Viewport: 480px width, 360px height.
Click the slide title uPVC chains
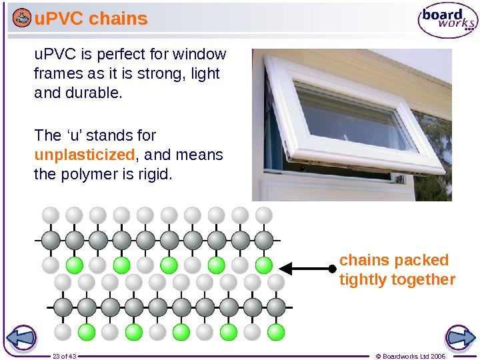pos(91,19)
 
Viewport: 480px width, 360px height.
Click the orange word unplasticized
pos(85,155)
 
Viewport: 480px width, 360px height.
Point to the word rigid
pos(155,175)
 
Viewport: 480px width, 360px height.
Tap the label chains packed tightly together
pos(397,269)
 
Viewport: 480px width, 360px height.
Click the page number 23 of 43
pos(65,356)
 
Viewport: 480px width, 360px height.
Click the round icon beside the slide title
pos(21,19)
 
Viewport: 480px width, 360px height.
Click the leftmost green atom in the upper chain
pos(74,265)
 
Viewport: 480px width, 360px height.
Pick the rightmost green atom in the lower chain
pos(275,331)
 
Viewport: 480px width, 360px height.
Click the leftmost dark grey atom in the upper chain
pos(51,239)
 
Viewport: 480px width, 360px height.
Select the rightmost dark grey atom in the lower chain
pos(276,307)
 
